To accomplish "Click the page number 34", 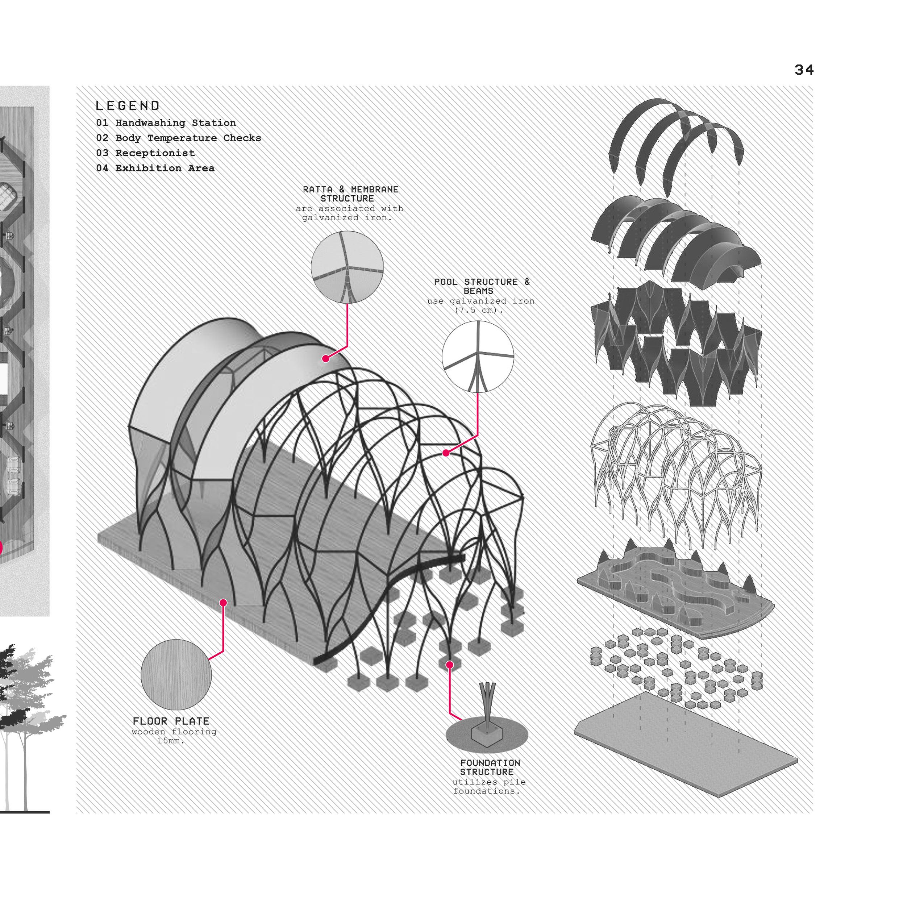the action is [804, 70].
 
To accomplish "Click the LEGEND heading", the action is [128, 106].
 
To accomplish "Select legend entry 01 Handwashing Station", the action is [166, 123].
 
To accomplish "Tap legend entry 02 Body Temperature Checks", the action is [178, 138].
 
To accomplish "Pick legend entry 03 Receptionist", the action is [145, 153].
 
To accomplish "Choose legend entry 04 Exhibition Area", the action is [155, 168].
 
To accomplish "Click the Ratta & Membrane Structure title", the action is [350, 193].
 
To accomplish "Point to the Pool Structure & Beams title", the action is [481, 286].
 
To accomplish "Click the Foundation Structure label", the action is [490, 767].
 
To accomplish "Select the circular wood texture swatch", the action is [176, 675].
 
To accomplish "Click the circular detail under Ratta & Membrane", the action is [347, 267].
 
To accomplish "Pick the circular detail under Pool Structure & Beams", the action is [478, 357].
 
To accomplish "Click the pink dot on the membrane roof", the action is [326, 358].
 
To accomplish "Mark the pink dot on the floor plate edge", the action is [223, 603].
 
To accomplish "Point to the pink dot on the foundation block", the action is [449, 665].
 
